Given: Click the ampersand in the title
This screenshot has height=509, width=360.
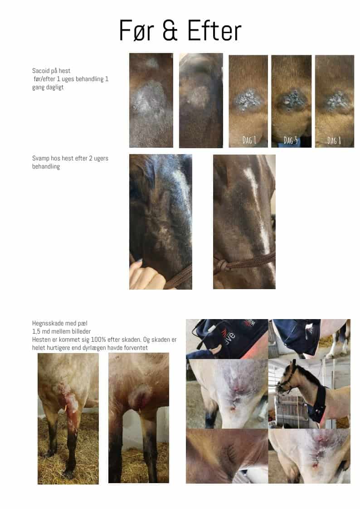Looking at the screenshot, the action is [x=170, y=31].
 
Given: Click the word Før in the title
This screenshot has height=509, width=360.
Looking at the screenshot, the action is [x=136, y=31].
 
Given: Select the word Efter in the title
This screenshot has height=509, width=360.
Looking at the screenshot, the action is [x=214, y=30].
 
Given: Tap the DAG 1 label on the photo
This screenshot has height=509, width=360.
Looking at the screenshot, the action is [x=249, y=140].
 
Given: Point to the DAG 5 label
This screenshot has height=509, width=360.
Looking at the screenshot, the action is [x=291, y=140].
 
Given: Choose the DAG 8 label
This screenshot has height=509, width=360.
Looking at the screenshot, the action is [x=334, y=140].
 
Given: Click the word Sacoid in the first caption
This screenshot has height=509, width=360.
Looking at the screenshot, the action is [x=41, y=71].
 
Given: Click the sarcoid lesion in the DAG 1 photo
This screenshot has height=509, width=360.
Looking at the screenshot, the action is [x=248, y=99].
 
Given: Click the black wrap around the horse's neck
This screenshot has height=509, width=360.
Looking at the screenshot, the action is [x=319, y=404].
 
